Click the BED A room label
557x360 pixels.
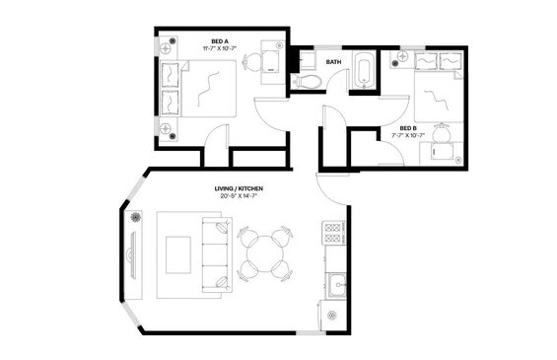[220, 41]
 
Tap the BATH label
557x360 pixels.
[333, 62]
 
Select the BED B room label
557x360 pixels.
[408, 128]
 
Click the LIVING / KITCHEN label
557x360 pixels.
[239, 188]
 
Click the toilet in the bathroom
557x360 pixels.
[307, 82]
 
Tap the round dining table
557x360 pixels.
[265, 253]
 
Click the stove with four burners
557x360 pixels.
[333, 233]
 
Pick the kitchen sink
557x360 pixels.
[336, 285]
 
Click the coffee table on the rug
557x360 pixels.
[178, 255]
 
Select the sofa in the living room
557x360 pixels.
[217, 254]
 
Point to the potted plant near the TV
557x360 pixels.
[135, 216]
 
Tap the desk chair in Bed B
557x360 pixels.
[442, 132]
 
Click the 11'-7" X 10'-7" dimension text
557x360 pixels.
[220, 48]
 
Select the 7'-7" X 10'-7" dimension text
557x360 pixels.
[408, 135]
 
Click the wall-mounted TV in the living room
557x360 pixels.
[131, 255]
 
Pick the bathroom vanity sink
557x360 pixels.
[307, 61]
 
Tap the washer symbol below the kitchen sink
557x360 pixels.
[333, 315]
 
